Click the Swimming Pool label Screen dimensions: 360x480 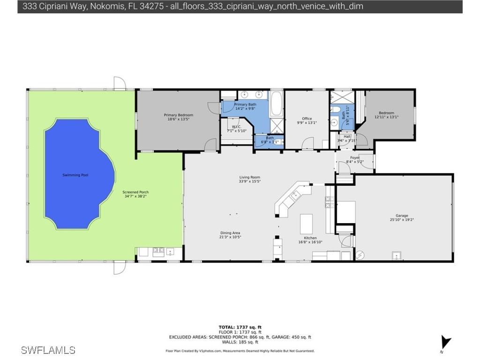(75, 175)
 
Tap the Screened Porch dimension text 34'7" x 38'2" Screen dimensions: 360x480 (135, 196)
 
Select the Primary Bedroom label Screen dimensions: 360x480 (178, 115)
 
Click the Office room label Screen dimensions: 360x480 (307, 119)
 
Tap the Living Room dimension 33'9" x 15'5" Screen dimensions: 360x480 (250, 181)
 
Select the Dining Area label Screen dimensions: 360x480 (230, 233)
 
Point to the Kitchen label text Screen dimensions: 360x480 (310, 238)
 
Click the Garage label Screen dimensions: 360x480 (402, 216)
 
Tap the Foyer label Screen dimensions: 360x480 (355, 157)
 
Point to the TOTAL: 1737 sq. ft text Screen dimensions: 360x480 (240, 327)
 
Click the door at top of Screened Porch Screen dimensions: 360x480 (120, 83)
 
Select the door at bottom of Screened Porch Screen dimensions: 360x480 (120, 268)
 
